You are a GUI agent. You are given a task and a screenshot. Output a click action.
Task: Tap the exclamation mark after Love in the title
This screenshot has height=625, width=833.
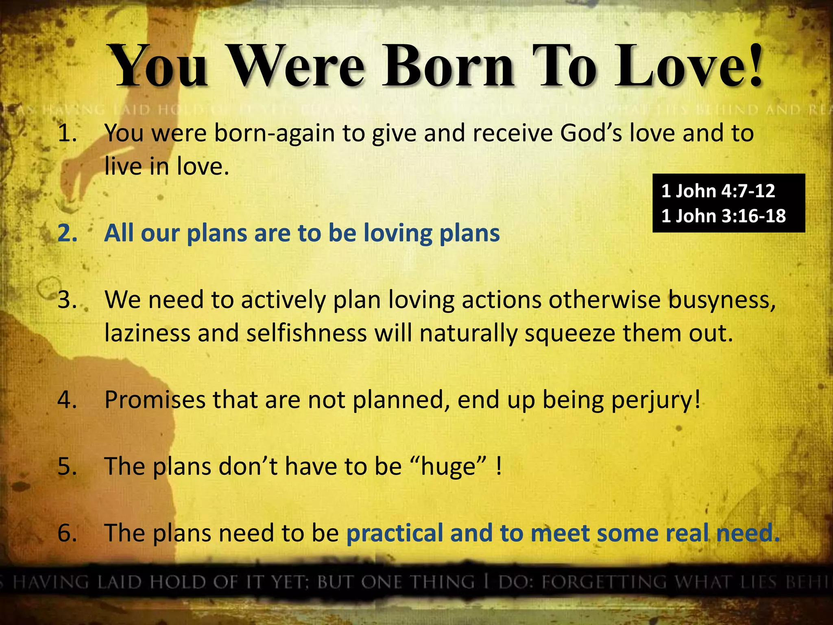[x=755, y=65]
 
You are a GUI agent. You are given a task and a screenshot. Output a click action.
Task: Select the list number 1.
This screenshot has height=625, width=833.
[x=67, y=133]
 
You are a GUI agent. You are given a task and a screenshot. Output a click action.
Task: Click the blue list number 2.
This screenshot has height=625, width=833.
[x=67, y=233]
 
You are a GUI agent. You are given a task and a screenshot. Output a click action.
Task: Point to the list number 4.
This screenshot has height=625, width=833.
[x=67, y=400]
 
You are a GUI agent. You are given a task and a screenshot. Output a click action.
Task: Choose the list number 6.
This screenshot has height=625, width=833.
[x=67, y=533]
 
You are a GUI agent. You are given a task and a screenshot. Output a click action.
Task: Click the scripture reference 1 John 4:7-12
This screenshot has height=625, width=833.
[x=718, y=191]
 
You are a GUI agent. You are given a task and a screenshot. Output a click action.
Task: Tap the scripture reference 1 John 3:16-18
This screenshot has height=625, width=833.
[x=723, y=216]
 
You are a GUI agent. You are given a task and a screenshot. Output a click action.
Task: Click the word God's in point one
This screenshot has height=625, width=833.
[x=591, y=133]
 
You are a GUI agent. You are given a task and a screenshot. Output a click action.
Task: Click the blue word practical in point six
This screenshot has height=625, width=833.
[x=394, y=533]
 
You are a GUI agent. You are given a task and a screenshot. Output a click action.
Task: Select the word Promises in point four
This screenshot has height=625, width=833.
[x=155, y=400]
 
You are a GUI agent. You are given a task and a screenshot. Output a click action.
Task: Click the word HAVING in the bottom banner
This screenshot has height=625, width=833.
[x=51, y=582]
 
